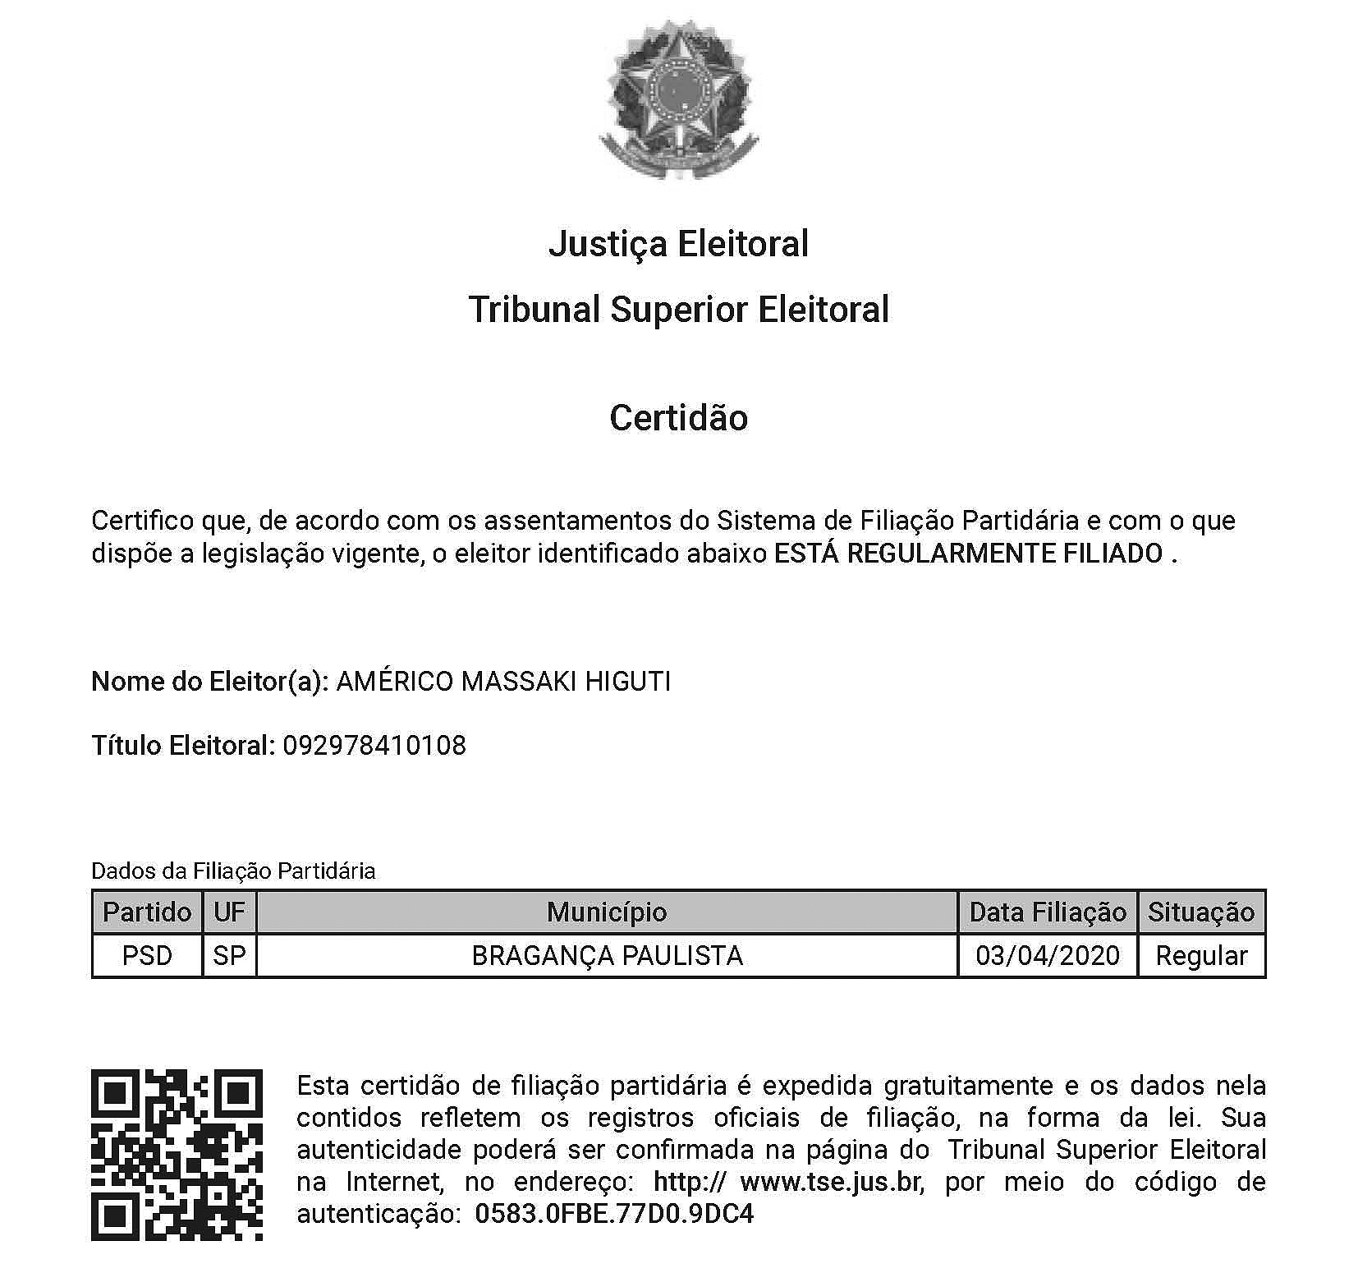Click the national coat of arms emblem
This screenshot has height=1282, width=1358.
(678, 99)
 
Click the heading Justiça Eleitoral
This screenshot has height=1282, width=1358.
(678, 244)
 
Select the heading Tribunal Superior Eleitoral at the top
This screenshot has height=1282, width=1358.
(678, 310)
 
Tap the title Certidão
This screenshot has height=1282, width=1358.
(678, 418)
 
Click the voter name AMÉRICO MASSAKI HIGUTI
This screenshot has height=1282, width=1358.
(503, 682)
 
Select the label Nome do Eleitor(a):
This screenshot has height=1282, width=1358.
(210, 682)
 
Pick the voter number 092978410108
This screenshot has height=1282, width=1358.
(374, 746)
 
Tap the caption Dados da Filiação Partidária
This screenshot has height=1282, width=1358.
(233, 871)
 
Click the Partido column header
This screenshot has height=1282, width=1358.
(147, 912)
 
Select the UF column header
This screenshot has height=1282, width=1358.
(229, 912)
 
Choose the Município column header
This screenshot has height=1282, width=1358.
(607, 912)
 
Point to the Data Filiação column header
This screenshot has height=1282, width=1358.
(1048, 912)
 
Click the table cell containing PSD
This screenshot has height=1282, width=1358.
(147, 956)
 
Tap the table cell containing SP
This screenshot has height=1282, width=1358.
(229, 956)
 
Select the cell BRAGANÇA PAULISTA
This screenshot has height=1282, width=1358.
(607, 956)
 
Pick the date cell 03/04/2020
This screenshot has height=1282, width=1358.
(1048, 956)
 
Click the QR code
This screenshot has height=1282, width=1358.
(177, 1154)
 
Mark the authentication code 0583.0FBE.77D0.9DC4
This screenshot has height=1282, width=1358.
(614, 1214)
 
